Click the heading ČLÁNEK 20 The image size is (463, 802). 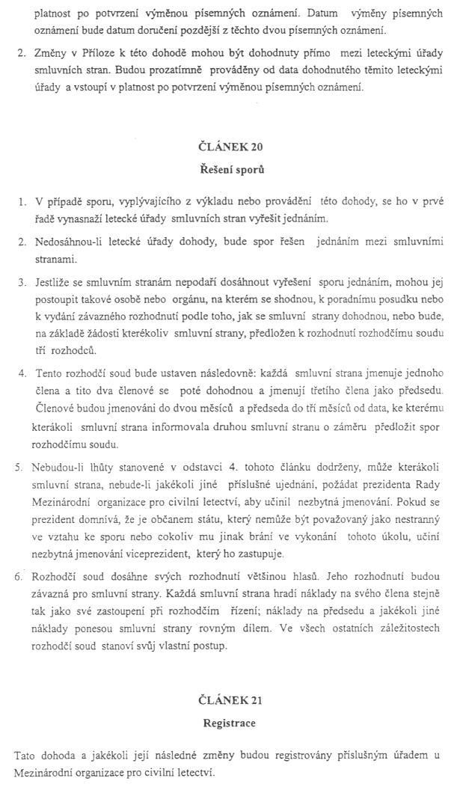pyautogui.click(x=231, y=145)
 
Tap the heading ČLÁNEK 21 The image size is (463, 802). pyautogui.click(x=231, y=700)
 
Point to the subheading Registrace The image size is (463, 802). pyautogui.click(x=231, y=723)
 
